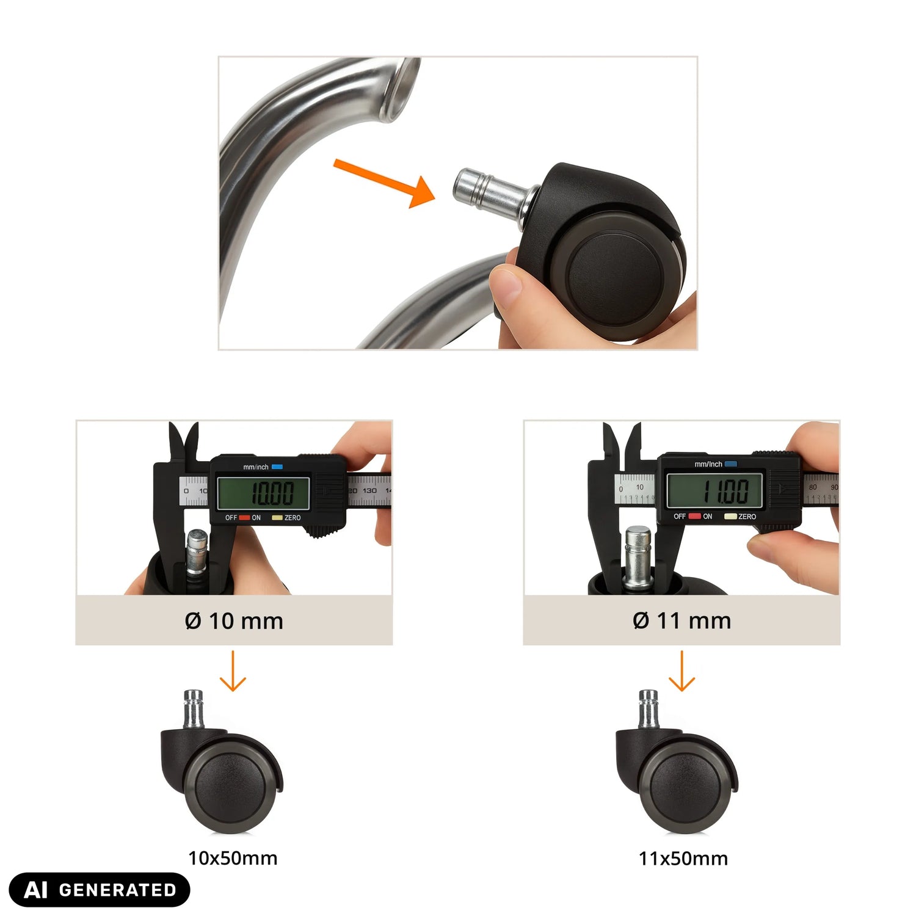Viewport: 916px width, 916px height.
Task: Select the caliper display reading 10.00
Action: click(x=263, y=493)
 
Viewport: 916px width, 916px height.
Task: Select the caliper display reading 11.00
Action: click(x=715, y=490)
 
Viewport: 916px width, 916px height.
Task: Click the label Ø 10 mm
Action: click(x=234, y=621)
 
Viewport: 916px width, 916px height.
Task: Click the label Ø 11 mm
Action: click(x=682, y=620)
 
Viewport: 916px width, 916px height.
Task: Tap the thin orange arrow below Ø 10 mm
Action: click(x=233, y=671)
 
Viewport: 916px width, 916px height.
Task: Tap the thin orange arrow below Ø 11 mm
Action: click(x=682, y=671)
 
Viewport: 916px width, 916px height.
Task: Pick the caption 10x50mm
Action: click(x=233, y=858)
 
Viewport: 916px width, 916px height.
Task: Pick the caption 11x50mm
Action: click(x=683, y=859)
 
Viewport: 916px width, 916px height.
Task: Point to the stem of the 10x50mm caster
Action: click(x=194, y=709)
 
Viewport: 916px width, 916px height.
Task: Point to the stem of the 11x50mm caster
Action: click(x=649, y=709)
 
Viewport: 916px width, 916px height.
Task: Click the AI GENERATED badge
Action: click(x=100, y=890)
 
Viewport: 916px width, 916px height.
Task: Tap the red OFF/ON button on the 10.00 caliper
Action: click(x=244, y=518)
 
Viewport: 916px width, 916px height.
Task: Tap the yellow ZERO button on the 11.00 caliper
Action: click(x=730, y=517)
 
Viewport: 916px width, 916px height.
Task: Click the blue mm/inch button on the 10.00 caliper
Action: click(x=277, y=467)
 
